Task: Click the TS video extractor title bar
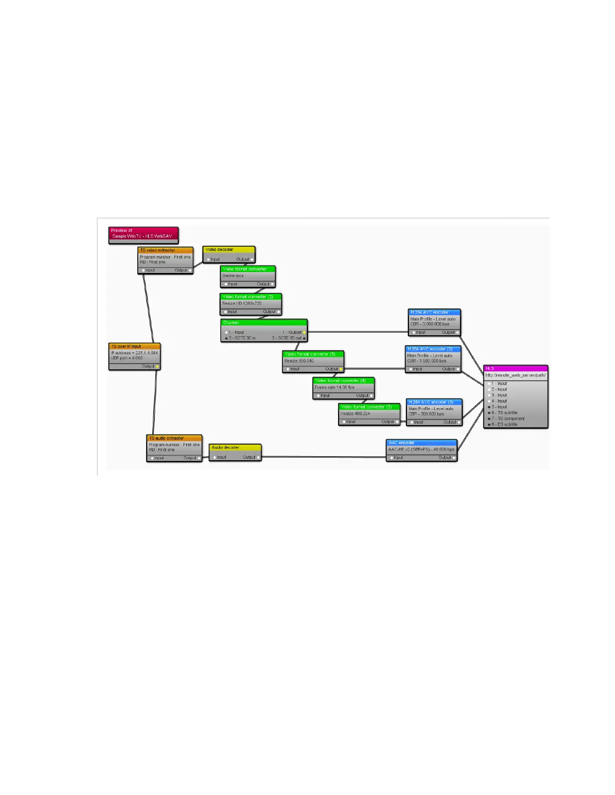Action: click(x=165, y=250)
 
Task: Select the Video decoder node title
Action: click(x=229, y=249)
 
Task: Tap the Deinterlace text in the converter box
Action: click(x=233, y=276)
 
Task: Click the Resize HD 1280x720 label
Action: click(x=242, y=303)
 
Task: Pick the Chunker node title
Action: click(x=264, y=323)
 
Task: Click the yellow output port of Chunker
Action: click(x=304, y=332)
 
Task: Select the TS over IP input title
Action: click(x=134, y=346)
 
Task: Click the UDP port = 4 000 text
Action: click(x=127, y=358)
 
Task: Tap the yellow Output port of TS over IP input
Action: click(x=157, y=366)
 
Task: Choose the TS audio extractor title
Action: click(x=174, y=438)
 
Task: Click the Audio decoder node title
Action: click(x=235, y=447)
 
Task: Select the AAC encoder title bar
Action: click(x=421, y=443)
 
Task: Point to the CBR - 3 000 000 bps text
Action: click(x=430, y=324)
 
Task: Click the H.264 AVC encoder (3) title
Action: click(x=434, y=402)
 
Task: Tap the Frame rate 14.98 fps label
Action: click(x=335, y=387)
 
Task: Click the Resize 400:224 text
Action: click(x=355, y=414)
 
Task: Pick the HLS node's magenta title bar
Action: click(x=516, y=368)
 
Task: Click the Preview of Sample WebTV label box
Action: click(x=143, y=233)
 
